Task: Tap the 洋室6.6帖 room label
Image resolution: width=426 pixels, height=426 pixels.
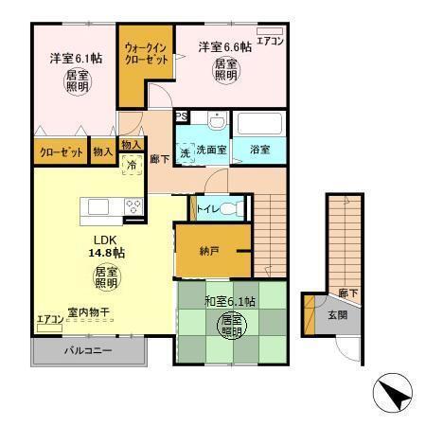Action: [x=224, y=46]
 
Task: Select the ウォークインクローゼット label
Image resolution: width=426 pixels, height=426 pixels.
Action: [x=146, y=53]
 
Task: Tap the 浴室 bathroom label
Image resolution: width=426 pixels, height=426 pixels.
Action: [x=260, y=150]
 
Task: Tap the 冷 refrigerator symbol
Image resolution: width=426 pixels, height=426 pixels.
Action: [x=133, y=165]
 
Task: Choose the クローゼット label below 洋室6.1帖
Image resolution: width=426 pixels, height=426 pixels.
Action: [x=58, y=151]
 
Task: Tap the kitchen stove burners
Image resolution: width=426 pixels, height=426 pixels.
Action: [x=132, y=205]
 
